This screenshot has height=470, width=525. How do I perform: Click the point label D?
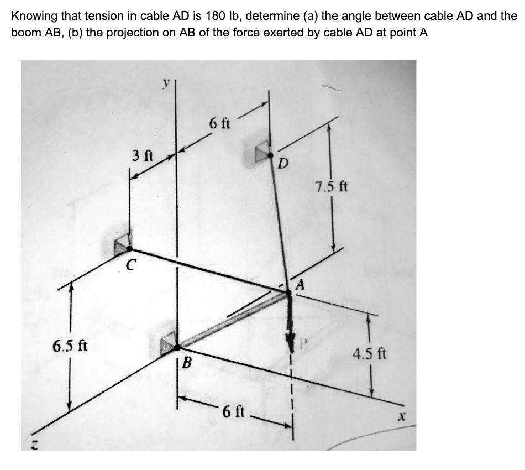(x=283, y=164)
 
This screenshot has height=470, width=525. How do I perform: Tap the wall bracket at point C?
(x=122, y=244)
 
